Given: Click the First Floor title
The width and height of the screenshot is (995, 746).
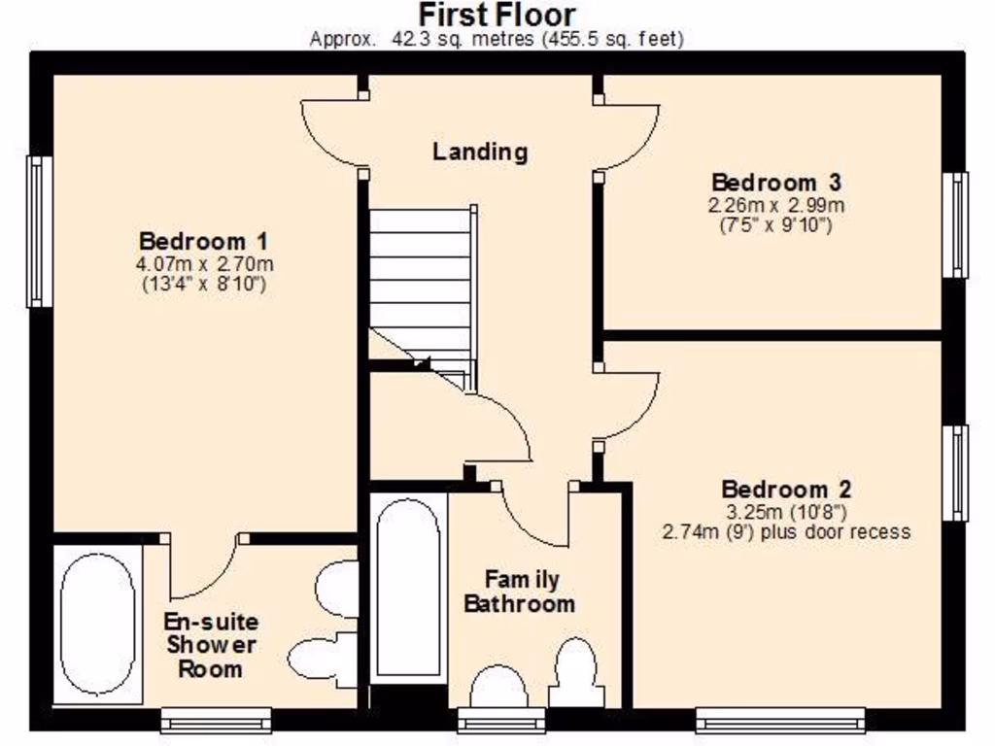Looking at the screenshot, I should (x=497, y=15).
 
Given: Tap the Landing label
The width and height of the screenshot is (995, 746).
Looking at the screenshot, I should (x=480, y=152).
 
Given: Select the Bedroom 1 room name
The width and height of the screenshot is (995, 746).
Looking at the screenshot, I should (x=203, y=241).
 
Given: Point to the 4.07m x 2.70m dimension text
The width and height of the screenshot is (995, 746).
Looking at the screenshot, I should (x=203, y=263).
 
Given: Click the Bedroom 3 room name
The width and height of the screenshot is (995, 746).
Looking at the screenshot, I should (x=775, y=183).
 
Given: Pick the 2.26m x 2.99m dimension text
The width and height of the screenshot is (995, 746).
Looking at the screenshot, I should (x=775, y=205).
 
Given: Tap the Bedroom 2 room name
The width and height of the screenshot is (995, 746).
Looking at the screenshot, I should (x=786, y=490).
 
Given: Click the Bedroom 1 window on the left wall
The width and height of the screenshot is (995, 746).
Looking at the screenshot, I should (x=39, y=231).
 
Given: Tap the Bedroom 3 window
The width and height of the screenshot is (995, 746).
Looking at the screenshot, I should (x=957, y=224).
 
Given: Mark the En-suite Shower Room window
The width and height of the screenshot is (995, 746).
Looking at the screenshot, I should (x=215, y=720).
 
